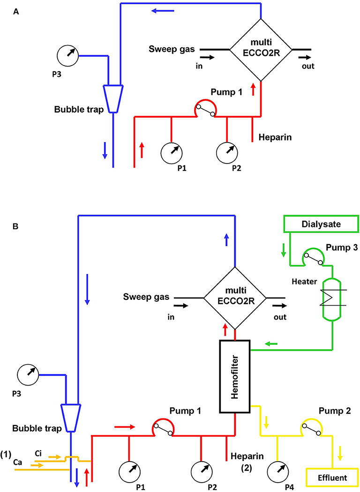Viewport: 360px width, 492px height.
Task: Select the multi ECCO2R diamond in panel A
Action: (260, 49)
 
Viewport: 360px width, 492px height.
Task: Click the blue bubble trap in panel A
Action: (113, 98)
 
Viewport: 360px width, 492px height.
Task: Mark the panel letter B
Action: (15, 226)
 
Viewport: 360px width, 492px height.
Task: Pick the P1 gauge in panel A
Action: (171, 152)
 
